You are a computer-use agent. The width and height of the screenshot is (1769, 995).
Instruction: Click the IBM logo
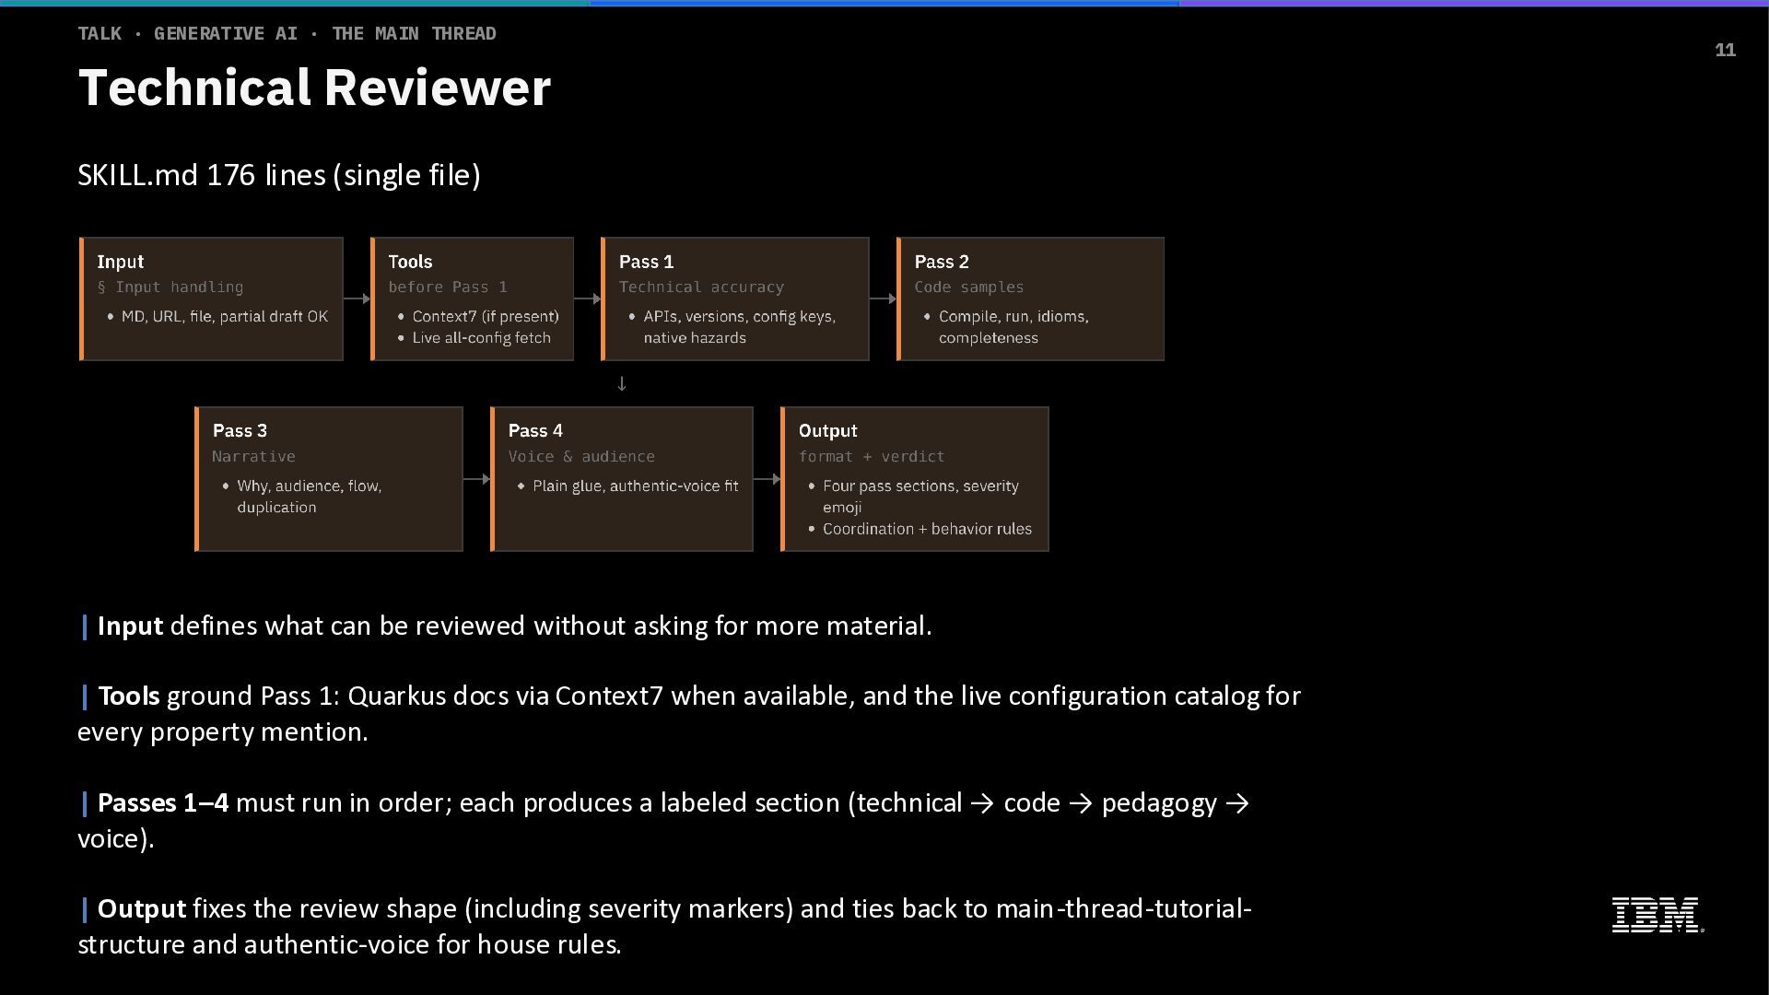(x=1657, y=915)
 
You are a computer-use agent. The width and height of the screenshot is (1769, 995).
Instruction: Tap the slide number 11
(x=1725, y=51)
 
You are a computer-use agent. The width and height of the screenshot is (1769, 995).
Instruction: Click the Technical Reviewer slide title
(x=314, y=88)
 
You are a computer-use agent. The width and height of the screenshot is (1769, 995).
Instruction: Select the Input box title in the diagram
(x=121, y=262)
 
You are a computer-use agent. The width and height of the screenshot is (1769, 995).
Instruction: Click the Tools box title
(x=410, y=262)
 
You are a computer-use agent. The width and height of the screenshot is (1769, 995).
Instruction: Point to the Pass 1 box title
(x=646, y=262)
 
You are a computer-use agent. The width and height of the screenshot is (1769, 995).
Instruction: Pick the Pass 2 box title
(x=942, y=262)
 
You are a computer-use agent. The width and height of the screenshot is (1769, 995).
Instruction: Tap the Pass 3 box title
(x=240, y=430)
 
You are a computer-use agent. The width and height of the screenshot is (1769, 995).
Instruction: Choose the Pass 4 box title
(x=535, y=430)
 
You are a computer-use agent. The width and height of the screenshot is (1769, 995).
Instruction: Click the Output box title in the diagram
(x=827, y=430)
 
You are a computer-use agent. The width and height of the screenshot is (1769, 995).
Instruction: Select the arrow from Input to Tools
(x=357, y=298)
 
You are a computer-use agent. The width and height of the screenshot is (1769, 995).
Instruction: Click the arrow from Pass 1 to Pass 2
(x=883, y=298)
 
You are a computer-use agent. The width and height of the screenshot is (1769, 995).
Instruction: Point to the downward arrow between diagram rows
(x=622, y=383)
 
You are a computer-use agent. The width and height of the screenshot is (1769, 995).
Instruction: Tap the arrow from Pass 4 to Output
(x=767, y=479)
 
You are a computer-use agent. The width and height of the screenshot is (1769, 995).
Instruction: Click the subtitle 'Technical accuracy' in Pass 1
(x=701, y=287)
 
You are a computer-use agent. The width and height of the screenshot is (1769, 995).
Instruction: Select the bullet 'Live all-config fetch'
(x=481, y=338)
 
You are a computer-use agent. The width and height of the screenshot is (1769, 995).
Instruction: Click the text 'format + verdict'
(x=872, y=457)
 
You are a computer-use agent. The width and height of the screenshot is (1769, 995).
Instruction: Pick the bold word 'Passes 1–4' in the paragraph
(x=163, y=803)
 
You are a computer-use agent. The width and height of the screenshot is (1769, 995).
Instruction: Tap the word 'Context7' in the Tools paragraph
(x=609, y=696)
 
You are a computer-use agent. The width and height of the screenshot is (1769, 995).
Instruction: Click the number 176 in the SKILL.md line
(x=230, y=175)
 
